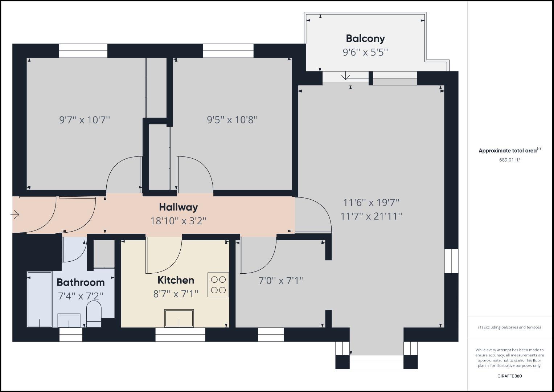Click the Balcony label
[x=365, y=38]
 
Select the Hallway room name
[x=178, y=207]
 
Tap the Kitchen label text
[x=176, y=280]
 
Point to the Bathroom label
[x=81, y=282]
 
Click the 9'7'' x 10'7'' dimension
[x=85, y=120]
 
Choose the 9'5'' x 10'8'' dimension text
[x=232, y=120]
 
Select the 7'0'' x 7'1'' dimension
[x=281, y=281]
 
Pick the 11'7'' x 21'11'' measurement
[x=371, y=216]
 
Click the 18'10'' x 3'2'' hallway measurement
[x=178, y=221]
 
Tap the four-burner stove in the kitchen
[x=218, y=285]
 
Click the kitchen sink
[x=179, y=318]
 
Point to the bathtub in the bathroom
[x=40, y=299]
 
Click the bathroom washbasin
[x=69, y=320]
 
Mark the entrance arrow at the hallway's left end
[x=15, y=215]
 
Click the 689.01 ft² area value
[x=509, y=160]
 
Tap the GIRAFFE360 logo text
[x=509, y=376]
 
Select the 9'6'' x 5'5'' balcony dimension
[x=365, y=52]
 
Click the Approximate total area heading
[x=509, y=151]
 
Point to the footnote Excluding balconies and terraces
[x=509, y=327]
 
